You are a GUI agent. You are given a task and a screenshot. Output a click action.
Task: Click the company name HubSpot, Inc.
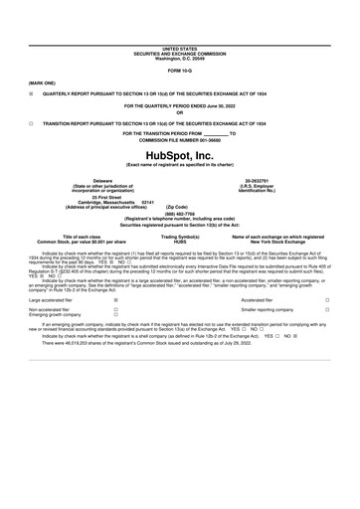pos(179,156)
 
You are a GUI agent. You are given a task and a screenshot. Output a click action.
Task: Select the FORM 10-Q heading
pos(179,73)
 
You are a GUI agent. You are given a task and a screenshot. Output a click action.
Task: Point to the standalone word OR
pos(179,111)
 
